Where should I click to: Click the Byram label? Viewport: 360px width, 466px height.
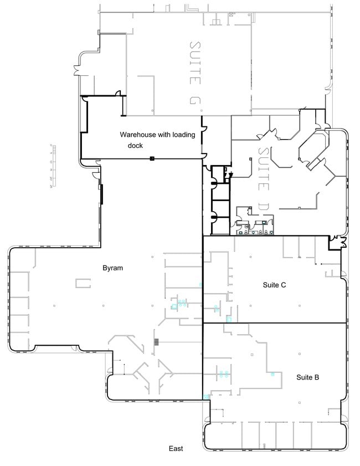pyautogui.click(x=112, y=268)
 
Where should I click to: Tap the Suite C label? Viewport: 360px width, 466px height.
pyautogui.click(x=274, y=285)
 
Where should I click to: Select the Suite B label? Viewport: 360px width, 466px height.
pyautogui.click(x=307, y=377)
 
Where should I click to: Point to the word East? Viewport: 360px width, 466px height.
pyautogui.click(x=176, y=449)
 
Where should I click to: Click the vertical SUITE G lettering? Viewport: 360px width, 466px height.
pyautogui.click(x=194, y=71)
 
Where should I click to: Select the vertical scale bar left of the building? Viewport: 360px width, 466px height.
pyautogui.click(x=53, y=166)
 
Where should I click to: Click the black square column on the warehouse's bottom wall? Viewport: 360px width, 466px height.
pyautogui.click(x=151, y=159)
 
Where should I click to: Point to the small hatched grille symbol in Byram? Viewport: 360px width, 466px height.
pyautogui.click(x=157, y=341)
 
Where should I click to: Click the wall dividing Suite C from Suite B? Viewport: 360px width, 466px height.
pyautogui.click(x=274, y=323)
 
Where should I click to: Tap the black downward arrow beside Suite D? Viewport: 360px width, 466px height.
pyautogui.click(x=231, y=175)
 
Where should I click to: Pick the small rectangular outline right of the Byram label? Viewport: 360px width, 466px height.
pyautogui.click(x=83, y=284)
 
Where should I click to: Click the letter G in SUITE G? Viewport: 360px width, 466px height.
pyautogui.click(x=194, y=101)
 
